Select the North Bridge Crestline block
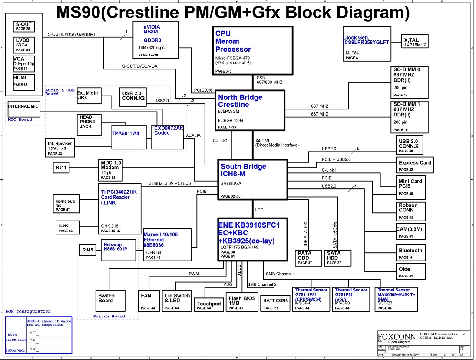pyautogui.click(x=250, y=110)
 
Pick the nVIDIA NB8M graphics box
pyautogui.click(x=155, y=40)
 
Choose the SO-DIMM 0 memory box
pyautogui.click(x=410, y=82)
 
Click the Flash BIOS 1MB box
pyautogui.click(x=241, y=303)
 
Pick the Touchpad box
pyautogui.click(x=208, y=305)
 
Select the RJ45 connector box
pyautogui.click(x=88, y=251)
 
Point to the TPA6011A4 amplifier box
pyautogui.click(x=125, y=133)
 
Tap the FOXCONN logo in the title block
pyautogui.click(x=397, y=336)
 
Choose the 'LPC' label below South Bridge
pyautogui.click(x=259, y=210)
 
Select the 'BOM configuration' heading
pyautogui.click(x=28, y=311)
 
